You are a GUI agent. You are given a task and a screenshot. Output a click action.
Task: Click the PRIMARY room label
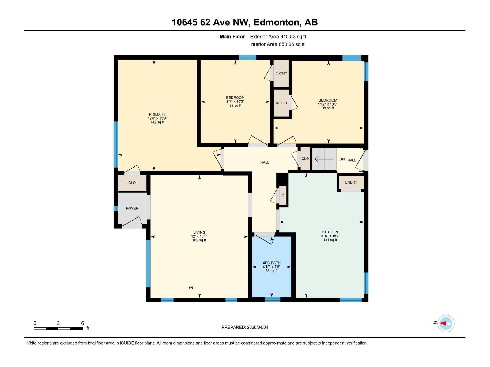coord(157,114)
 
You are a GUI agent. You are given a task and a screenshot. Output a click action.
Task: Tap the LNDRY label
coord(351,182)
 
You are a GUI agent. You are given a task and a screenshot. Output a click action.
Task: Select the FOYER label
coord(132,208)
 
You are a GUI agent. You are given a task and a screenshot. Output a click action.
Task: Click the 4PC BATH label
coord(271,263)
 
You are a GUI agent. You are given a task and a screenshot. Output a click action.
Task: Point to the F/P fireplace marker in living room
coord(191,288)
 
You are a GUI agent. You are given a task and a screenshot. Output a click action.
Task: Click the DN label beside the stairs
coord(342,159)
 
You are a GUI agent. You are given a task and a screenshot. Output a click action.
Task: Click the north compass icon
coord(446,323)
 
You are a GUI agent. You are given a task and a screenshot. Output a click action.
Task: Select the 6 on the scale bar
coord(83,323)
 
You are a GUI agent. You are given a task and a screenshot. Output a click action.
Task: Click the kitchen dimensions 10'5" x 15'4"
coord(330,236)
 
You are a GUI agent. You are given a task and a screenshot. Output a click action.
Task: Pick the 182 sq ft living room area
coord(199,240)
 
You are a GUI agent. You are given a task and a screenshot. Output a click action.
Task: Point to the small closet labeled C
coord(283,195)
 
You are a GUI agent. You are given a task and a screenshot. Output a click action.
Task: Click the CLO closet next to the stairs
coord(305,158)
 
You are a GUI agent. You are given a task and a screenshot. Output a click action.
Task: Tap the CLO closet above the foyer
coord(132,183)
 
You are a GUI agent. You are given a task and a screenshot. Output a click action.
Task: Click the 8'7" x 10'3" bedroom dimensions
coord(235,102)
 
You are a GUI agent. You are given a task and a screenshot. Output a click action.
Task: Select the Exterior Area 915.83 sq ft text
coord(278,37)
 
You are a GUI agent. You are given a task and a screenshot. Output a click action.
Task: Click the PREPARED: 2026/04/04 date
coord(245,327)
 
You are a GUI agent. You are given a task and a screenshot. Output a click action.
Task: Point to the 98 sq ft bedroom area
coord(328,108)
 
